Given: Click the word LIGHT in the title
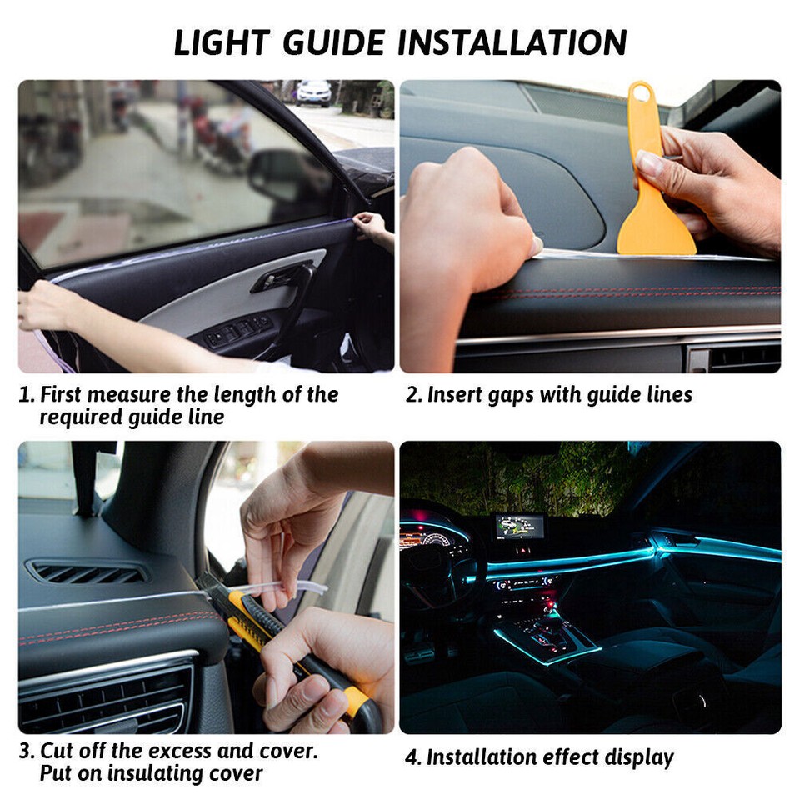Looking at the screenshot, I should point(222,42).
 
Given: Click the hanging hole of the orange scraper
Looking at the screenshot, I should point(640,93).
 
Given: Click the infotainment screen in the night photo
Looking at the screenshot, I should point(519,526).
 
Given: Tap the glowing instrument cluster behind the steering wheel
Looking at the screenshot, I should point(433,539).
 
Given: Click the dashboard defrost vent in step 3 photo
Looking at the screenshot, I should point(87,572).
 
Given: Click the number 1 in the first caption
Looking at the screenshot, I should point(25,395).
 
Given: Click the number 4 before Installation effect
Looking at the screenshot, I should point(412,758).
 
